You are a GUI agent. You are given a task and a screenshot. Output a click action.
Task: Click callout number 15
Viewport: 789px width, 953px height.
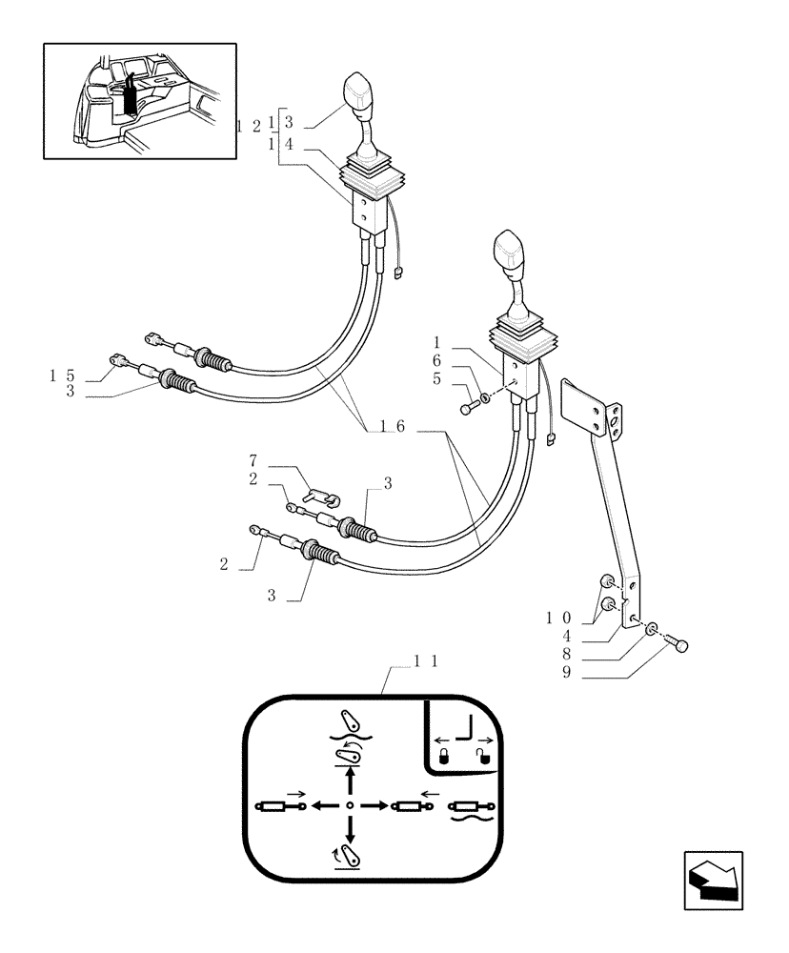[x=63, y=375]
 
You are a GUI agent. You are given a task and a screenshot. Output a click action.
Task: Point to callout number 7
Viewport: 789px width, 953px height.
[x=253, y=461]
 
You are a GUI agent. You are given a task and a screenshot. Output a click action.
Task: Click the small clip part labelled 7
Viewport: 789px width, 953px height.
[x=319, y=495]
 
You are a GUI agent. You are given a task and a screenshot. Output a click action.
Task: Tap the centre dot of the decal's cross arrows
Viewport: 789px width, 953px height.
[x=351, y=805]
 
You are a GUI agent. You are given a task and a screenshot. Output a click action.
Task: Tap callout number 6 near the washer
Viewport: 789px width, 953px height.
[x=436, y=360]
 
